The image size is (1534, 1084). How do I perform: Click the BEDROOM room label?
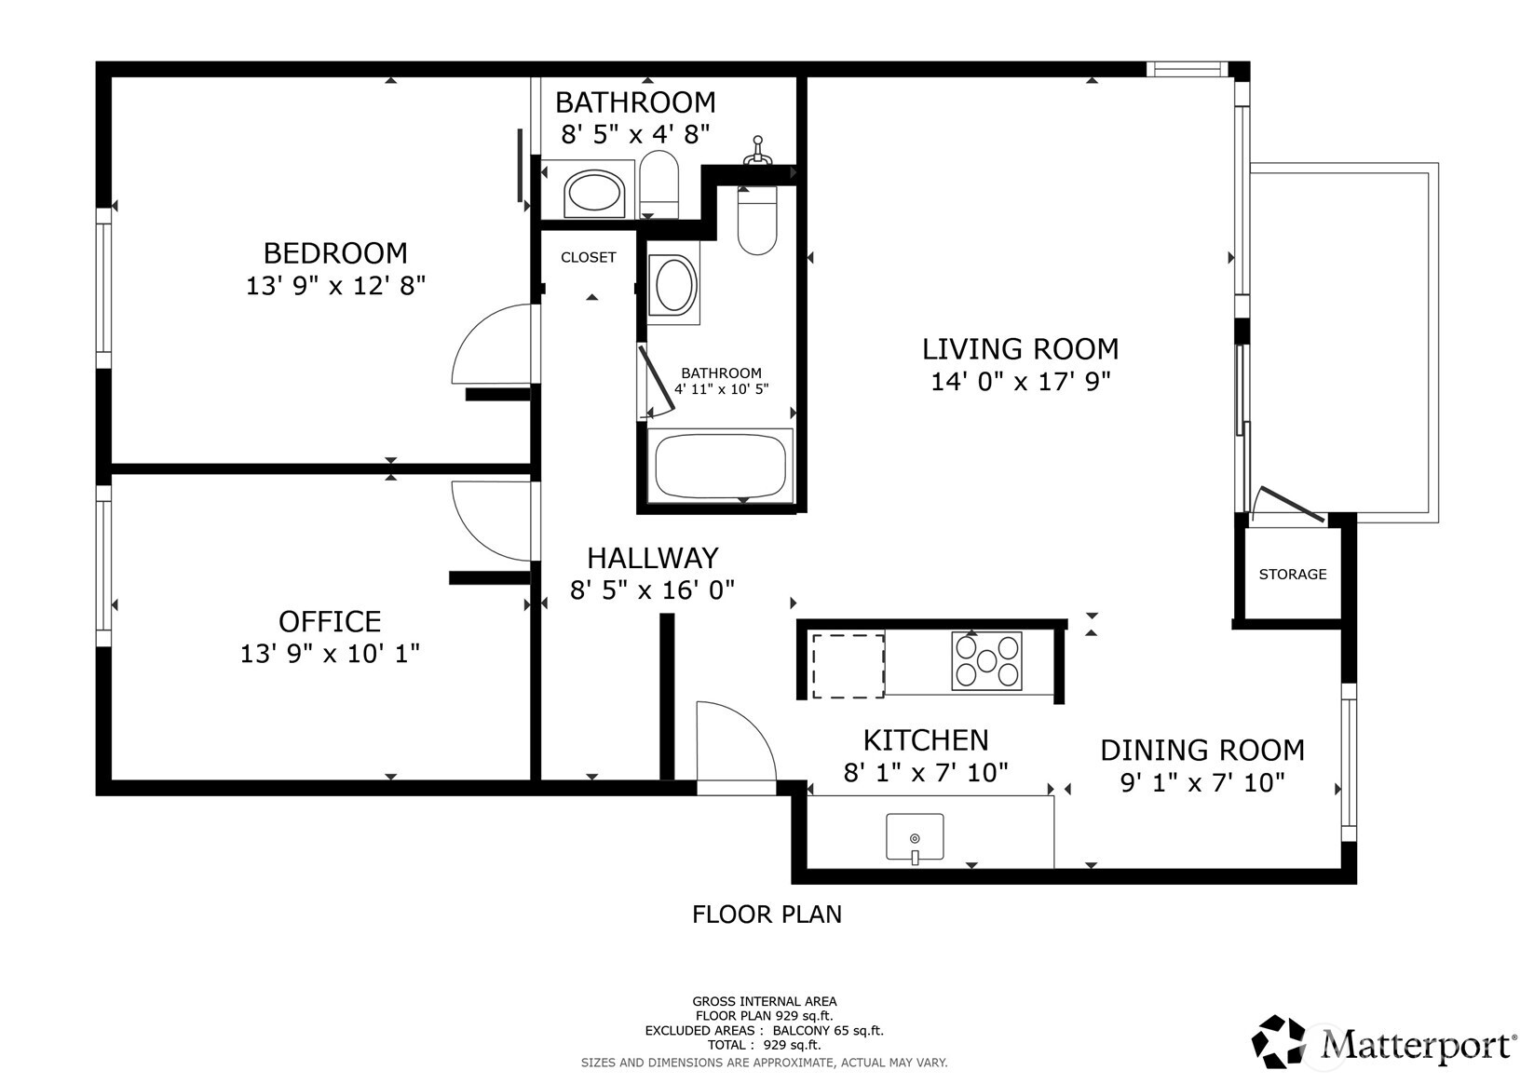point(335,253)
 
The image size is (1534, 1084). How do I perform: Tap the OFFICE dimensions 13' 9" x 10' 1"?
point(330,654)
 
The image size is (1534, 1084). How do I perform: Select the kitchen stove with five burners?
point(986,660)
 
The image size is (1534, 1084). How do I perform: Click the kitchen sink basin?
point(915,835)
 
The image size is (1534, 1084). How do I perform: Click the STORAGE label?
point(1293,575)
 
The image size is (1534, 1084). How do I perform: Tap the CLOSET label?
point(589,258)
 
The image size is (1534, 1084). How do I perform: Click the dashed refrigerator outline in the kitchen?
point(848,666)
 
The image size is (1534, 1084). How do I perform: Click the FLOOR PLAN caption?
point(767,915)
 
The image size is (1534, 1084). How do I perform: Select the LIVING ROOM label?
point(1020,349)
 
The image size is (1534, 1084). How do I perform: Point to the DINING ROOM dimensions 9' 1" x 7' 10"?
point(1202,782)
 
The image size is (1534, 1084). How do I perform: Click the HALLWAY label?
point(652,558)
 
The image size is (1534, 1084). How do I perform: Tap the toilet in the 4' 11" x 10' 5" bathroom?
point(757,221)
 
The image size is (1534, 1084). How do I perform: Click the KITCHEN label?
point(926,740)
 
